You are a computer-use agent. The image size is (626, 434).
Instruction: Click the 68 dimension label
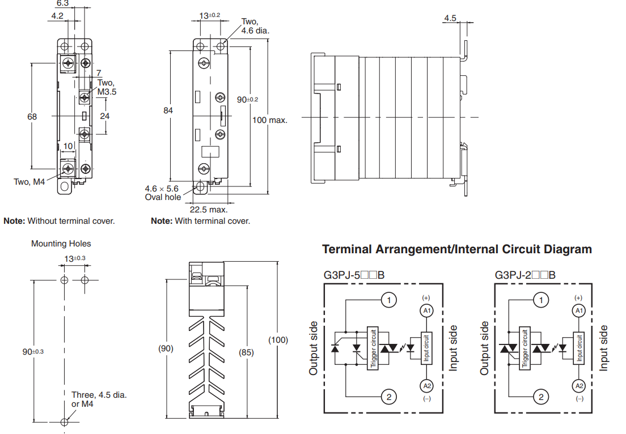pos(32,116)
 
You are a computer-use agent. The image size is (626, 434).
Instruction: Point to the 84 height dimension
pos(168,110)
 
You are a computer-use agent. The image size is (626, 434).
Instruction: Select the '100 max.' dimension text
pos(270,120)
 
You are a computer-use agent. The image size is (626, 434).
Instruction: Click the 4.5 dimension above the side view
pos(450,18)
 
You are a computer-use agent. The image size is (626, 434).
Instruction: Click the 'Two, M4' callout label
pos(29,182)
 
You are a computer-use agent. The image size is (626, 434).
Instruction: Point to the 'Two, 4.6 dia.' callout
pos(255,26)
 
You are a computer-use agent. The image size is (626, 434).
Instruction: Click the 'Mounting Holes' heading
pos(61,244)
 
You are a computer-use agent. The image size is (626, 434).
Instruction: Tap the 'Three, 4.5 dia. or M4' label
pos(99,399)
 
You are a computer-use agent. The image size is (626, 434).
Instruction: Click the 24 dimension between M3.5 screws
pos(105,116)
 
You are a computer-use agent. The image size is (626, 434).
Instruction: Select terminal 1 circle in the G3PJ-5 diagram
pos(388,300)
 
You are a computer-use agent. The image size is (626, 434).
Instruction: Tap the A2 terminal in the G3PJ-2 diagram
pos(578,386)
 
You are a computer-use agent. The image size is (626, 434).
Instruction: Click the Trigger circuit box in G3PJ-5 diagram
pos(373,348)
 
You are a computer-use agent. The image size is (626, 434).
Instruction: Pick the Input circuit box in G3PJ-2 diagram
pos(579,348)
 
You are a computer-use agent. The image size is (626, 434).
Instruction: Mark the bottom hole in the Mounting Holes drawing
pos(65,422)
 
